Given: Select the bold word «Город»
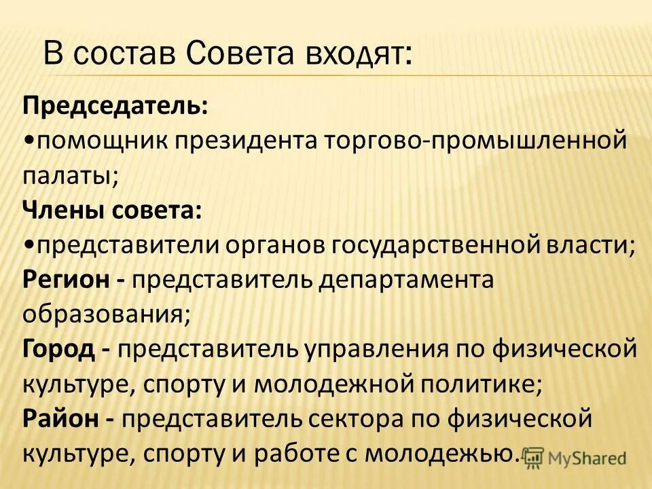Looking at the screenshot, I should click(58, 350).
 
